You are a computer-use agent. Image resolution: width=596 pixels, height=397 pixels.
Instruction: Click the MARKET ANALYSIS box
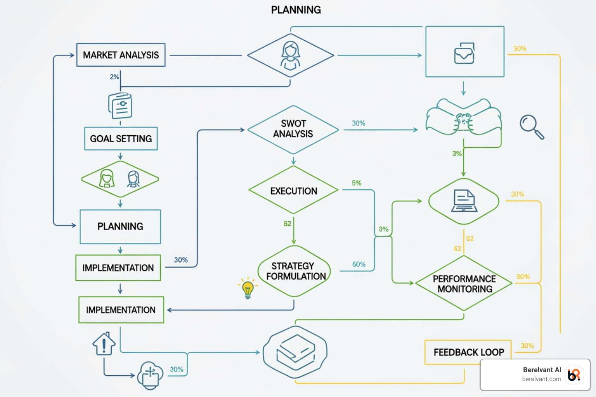pyautogui.click(x=121, y=55)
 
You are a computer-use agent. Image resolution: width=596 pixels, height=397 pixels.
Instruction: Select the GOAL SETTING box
pyautogui.click(x=121, y=139)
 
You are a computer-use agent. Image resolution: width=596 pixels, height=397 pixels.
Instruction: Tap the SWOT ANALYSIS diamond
pyautogui.click(x=293, y=129)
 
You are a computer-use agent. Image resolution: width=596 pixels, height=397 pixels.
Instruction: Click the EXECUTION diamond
pyautogui.click(x=293, y=191)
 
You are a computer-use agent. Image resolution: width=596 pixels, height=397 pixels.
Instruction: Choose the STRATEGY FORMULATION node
pyautogui.click(x=295, y=271)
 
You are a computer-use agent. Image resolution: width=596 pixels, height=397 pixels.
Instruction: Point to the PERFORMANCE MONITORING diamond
pyautogui.click(x=464, y=284)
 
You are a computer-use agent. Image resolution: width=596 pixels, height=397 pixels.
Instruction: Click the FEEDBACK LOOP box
pyautogui.click(x=468, y=352)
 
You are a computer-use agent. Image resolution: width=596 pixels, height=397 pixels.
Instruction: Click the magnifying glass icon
pyautogui.click(x=531, y=126)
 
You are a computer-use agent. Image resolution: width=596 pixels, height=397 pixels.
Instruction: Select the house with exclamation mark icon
pyautogui.click(x=104, y=344)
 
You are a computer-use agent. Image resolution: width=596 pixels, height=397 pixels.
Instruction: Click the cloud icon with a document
pyautogui.click(x=150, y=375)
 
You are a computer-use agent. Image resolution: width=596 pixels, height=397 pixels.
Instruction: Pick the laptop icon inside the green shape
pyautogui.click(x=464, y=201)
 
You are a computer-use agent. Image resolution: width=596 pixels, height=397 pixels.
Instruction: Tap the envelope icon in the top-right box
pyautogui.click(x=464, y=53)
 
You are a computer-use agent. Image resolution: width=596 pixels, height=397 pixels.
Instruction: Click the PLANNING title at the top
pyautogui.click(x=296, y=10)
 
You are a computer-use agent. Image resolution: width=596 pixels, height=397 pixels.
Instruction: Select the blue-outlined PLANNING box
pyautogui.click(x=120, y=226)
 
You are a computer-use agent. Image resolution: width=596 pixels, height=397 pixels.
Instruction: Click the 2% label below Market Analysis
pyautogui.click(x=114, y=77)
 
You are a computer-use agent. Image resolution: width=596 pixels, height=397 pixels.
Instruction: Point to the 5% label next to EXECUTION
pyautogui.click(x=357, y=183)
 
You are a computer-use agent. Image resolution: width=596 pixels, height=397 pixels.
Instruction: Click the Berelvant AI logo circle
pyautogui.click(x=574, y=375)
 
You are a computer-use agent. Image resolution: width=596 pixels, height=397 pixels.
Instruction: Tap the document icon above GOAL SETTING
pyautogui.click(x=120, y=105)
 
